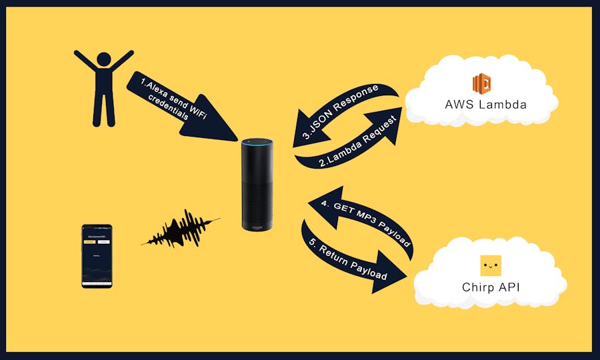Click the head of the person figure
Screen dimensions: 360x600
(103, 59)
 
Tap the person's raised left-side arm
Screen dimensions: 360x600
(85, 62)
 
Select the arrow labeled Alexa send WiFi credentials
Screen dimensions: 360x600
(180, 103)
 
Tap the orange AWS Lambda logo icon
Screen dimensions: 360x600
(481, 84)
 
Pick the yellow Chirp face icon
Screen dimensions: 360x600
(491, 266)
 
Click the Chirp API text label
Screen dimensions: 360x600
(491, 287)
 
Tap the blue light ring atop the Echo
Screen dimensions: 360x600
(257, 141)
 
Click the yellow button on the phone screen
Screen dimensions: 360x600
(90, 241)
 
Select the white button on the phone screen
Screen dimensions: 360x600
(103, 241)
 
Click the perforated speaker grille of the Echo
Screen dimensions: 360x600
(257, 200)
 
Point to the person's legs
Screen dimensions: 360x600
(103, 110)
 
